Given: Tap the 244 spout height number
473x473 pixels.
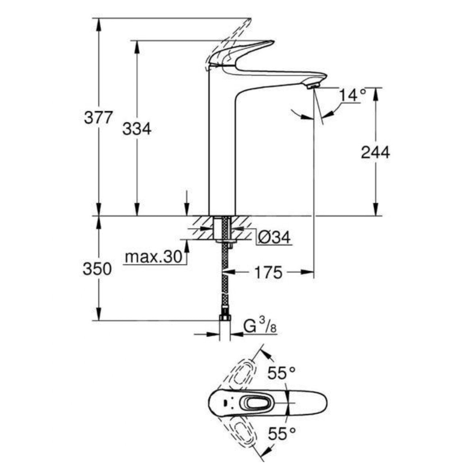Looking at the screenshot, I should (x=375, y=152).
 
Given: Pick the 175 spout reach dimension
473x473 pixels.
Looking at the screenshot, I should (x=268, y=272).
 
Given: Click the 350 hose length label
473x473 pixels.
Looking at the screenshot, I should (x=97, y=269).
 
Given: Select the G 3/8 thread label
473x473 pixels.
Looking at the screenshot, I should (x=259, y=327).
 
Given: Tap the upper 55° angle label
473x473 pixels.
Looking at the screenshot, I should (x=281, y=373).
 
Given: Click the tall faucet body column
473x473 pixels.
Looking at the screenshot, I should (x=222, y=150).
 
